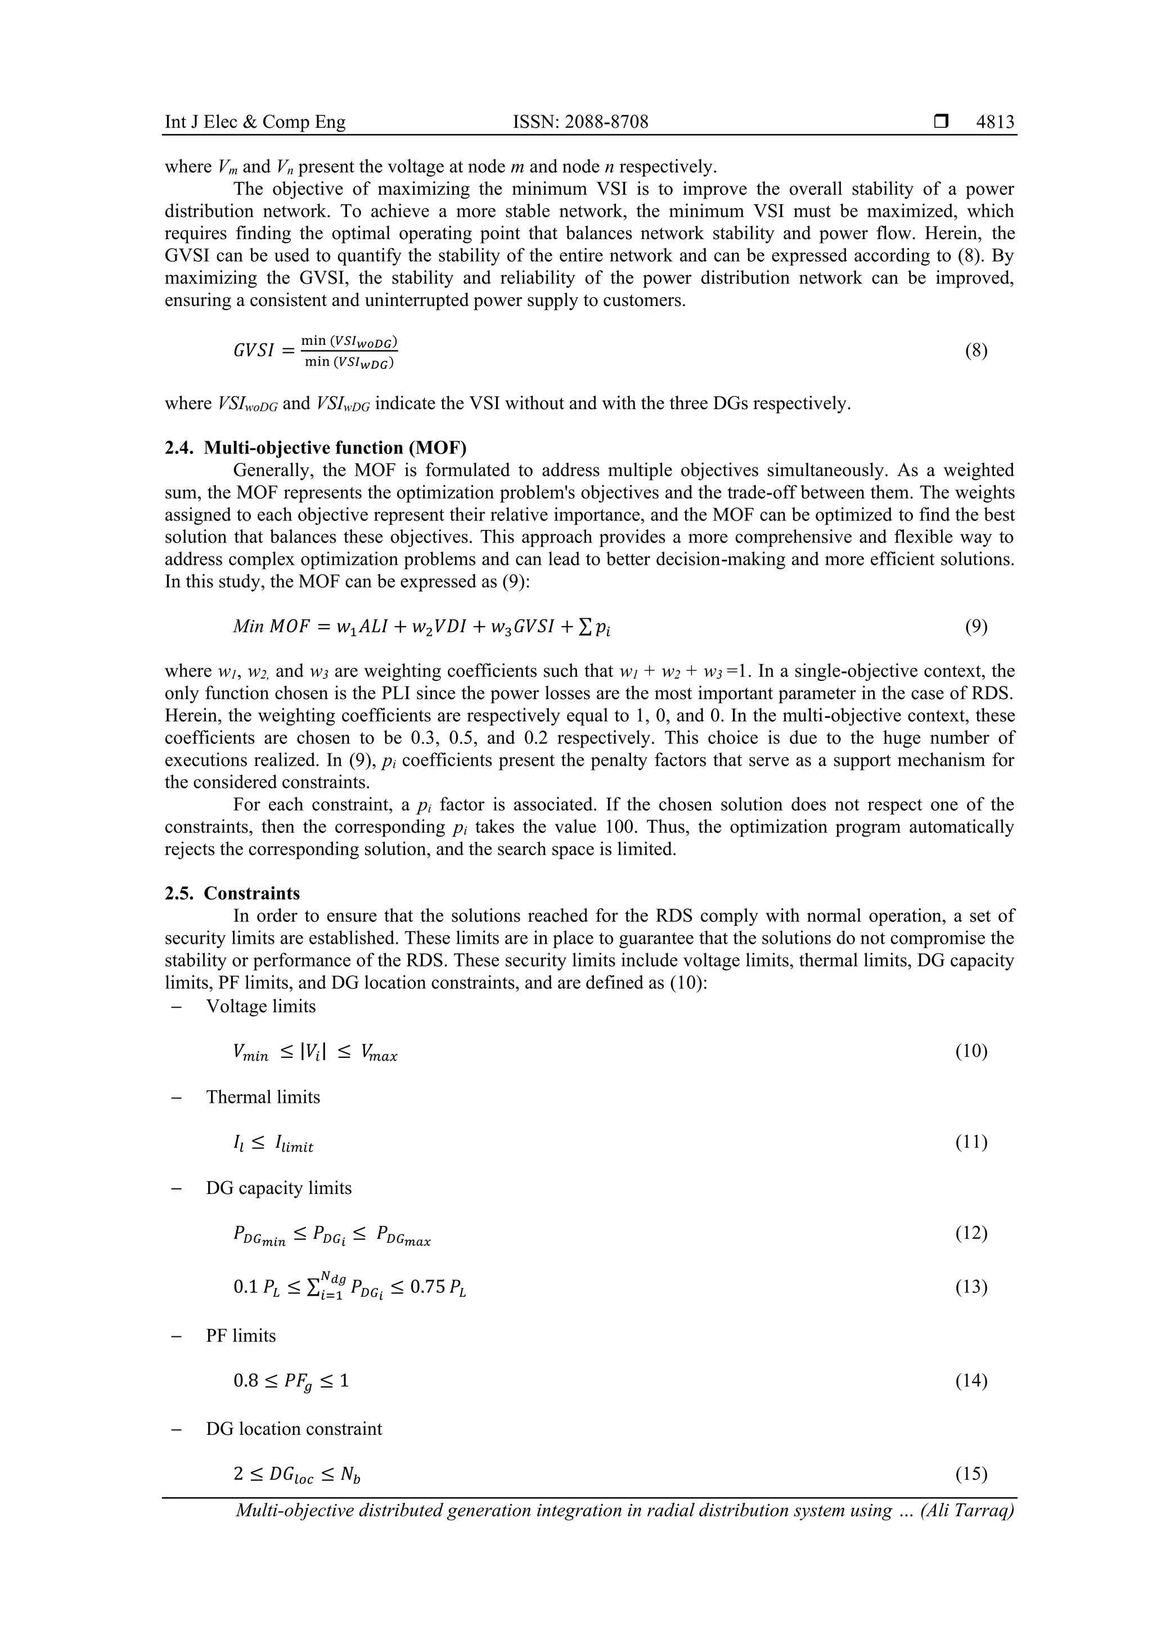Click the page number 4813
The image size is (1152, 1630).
point(995,122)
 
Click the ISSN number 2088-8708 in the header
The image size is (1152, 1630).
point(580,122)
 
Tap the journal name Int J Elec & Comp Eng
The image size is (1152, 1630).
point(255,122)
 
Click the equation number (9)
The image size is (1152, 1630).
point(976,626)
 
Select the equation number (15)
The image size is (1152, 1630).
point(971,1474)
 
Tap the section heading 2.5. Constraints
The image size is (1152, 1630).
point(232,893)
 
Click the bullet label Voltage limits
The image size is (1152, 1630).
point(260,1006)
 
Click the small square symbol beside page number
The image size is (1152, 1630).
point(941,122)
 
